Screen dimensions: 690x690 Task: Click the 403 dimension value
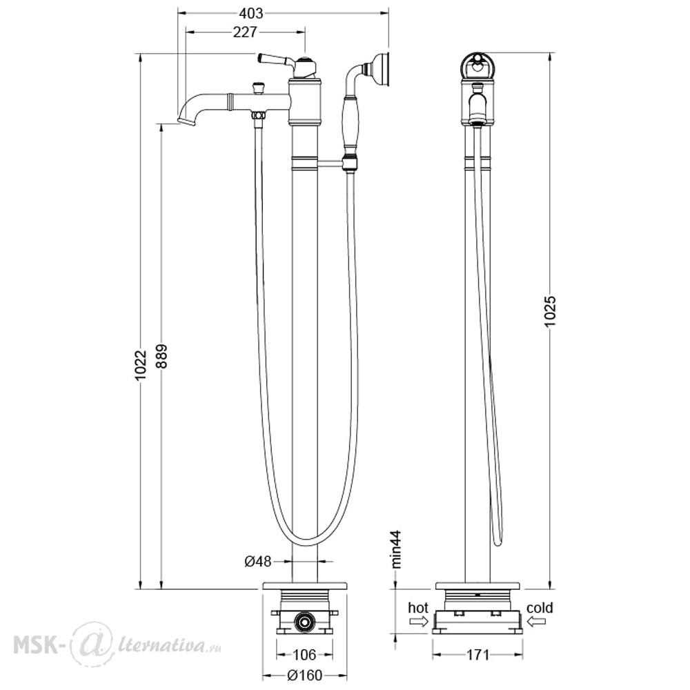251,14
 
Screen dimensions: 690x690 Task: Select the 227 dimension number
245,32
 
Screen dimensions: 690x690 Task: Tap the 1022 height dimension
140,366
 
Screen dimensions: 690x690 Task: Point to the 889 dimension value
161,357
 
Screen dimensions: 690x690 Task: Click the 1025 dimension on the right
551,311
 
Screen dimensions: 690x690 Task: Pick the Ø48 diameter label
258,561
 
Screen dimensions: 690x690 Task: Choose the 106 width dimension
304,654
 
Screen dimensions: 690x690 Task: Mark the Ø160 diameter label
304,675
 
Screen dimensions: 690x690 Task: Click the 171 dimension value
477,655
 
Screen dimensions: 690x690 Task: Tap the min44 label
397,549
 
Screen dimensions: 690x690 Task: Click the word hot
418,608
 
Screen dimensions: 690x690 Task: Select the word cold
540,608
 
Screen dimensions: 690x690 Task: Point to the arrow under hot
419,621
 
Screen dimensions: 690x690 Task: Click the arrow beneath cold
536,621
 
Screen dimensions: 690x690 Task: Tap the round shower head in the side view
477,66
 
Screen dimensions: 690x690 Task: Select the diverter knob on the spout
259,87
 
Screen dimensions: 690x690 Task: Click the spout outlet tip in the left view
186,121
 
